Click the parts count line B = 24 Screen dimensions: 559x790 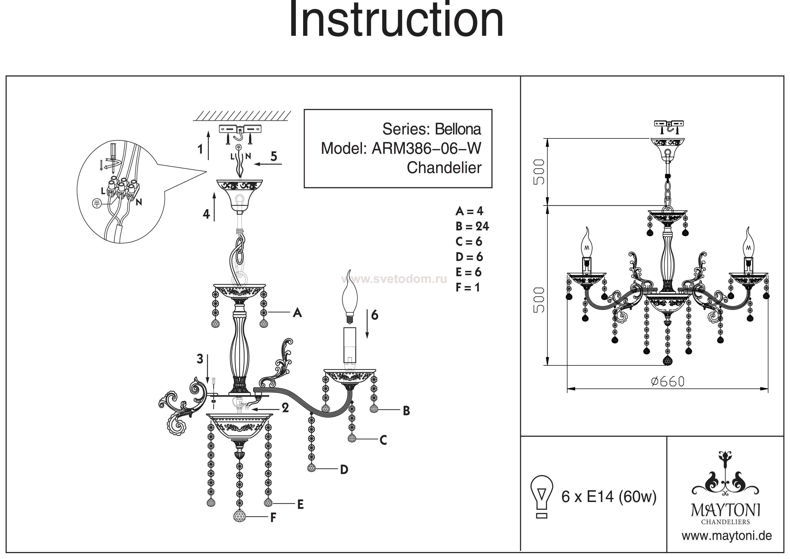coord(472,226)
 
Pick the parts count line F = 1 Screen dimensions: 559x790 coord(467,287)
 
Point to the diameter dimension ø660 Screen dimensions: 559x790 coord(667,382)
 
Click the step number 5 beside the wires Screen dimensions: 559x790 coord(274,156)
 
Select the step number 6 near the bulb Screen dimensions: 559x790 coord(375,315)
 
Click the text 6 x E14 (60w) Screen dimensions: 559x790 coord(609,497)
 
